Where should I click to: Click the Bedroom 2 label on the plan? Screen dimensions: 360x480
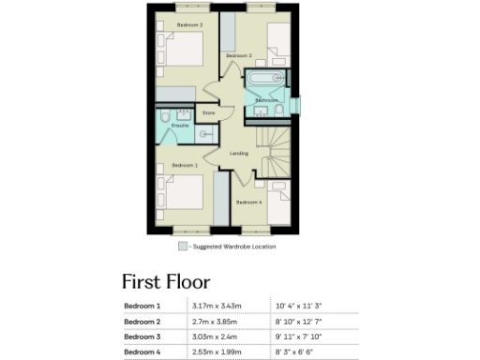(189, 24)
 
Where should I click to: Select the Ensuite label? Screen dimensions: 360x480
(180, 125)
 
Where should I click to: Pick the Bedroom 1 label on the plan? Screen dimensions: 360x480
(184, 164)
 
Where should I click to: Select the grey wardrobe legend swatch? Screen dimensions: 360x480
(183, 247)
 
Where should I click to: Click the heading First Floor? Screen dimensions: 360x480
(166, 281)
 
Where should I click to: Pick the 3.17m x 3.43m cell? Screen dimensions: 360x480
(217, 306)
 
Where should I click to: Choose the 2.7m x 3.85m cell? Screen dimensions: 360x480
(215, 321)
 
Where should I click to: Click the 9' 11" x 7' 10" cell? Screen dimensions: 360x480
(300, 336)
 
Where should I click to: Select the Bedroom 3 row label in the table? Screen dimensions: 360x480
(142, 336)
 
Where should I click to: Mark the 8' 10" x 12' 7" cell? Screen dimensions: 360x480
(300, 321)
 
